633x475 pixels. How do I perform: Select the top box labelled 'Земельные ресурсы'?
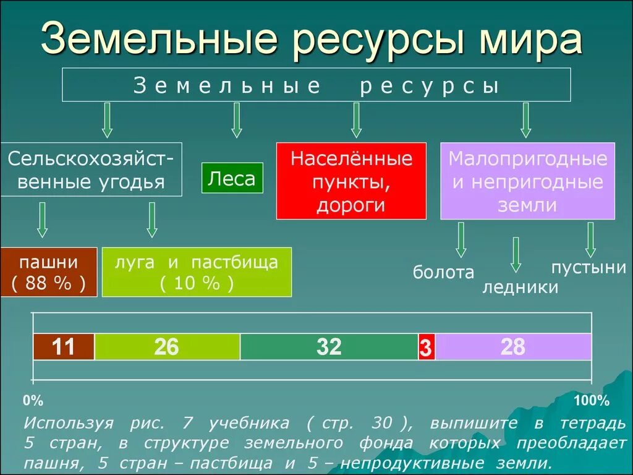316,85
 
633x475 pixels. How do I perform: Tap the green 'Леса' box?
232,178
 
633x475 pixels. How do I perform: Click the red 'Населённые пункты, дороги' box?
351,181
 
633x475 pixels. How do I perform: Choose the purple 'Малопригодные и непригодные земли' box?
527,181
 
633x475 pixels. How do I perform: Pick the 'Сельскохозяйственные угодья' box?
91,169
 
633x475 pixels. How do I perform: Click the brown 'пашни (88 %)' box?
48,272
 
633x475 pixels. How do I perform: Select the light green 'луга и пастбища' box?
196,272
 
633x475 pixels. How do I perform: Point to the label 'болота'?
443,272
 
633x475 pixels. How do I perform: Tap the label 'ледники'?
520,287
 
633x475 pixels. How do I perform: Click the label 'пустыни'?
588,267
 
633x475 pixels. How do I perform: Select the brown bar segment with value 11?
64,347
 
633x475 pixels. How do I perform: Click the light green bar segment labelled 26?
167,347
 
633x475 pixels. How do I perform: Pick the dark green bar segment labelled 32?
329,347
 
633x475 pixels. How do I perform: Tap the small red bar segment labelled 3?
426,348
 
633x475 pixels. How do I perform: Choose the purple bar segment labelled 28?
513,347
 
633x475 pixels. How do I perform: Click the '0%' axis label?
33,401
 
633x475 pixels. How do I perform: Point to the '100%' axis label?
591,401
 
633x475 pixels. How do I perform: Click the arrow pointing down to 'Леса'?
236,120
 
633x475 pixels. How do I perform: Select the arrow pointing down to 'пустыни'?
590,239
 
